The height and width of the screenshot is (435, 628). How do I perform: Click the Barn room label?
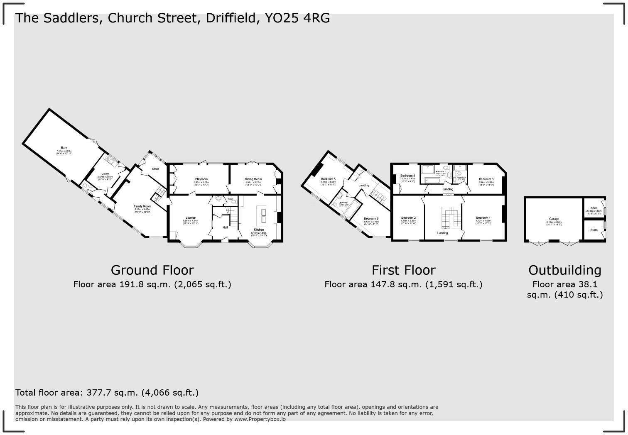64,148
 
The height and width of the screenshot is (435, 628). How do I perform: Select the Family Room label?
142,206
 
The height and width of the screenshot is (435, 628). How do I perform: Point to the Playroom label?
201,179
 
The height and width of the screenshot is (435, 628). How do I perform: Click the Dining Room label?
253,179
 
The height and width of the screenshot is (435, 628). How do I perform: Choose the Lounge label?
191,218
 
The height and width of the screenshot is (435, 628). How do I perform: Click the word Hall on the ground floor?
225,227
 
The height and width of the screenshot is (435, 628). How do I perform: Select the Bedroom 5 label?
328,179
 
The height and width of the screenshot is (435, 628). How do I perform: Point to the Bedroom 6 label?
371,219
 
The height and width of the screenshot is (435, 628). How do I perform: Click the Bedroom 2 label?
408,218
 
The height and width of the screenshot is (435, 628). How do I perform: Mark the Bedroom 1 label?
483,218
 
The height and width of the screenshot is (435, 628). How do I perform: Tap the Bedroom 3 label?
486,179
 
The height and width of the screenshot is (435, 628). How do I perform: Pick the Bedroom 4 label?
408,176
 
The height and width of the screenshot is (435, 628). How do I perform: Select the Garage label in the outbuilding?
554,219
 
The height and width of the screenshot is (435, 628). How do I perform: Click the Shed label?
594,208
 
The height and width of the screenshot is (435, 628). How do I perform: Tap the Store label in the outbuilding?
594,230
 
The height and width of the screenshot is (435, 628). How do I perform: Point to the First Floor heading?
403,270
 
